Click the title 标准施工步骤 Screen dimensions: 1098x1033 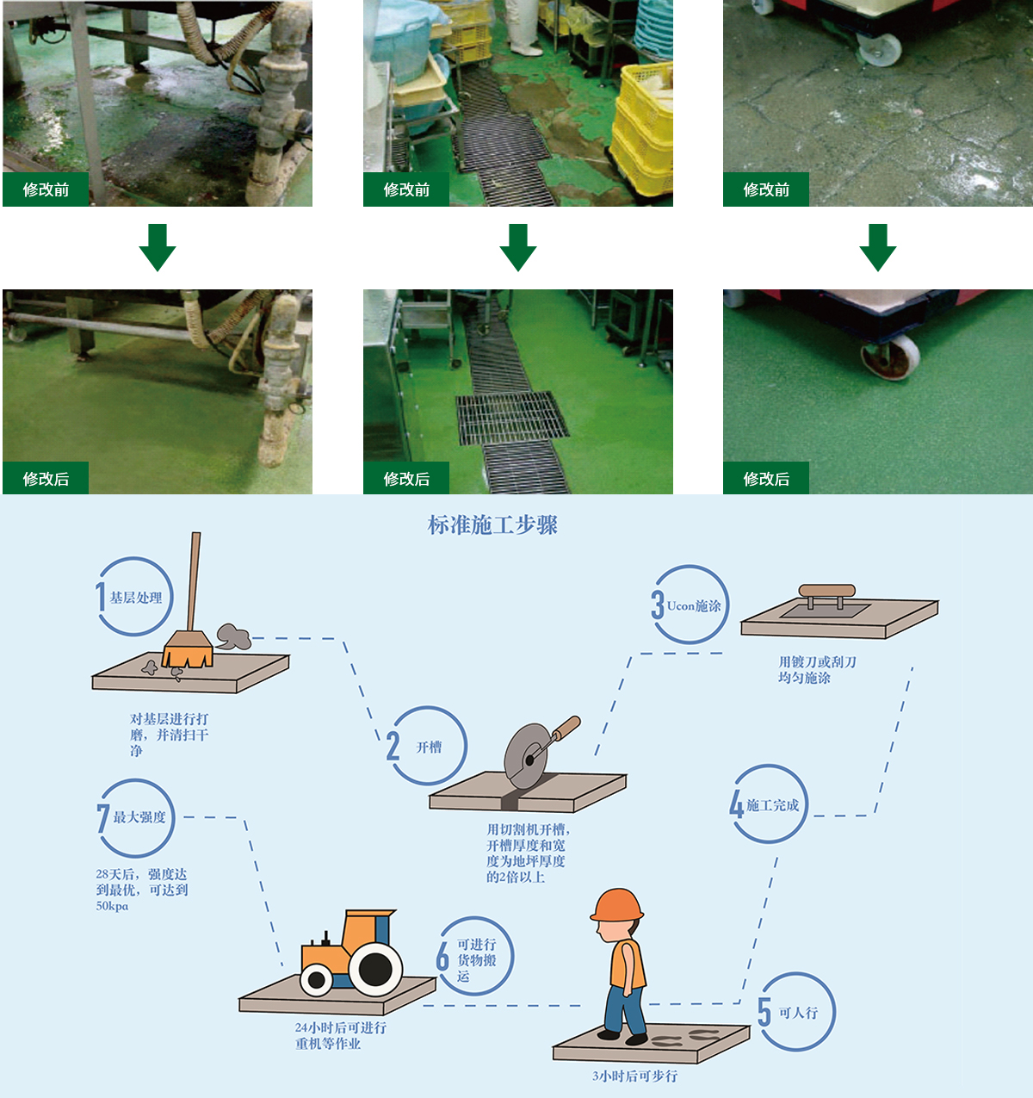point(493,525)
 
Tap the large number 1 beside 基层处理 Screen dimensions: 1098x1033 point(101,597)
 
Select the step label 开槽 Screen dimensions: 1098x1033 point(429,747)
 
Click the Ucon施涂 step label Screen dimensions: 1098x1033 point(694,606)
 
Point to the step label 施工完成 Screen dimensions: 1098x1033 point(772,805)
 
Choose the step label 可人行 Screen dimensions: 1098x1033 point(798,1013)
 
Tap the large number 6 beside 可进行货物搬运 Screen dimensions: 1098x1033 point(442,956)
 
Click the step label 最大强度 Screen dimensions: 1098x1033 point(139,817)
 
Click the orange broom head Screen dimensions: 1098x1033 point(188,650)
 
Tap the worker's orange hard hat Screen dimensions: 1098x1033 point(616,906)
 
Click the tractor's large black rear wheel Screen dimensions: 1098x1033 point(374,969)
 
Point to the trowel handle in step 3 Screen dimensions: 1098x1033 point(826,592)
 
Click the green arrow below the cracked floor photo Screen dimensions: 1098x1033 point(877,247)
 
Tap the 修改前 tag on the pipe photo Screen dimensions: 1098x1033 point(46,189)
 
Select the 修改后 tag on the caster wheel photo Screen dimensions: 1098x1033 point(766,479)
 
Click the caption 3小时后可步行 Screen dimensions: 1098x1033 point(634,1076)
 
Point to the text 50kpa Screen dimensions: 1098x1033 point(112,906)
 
